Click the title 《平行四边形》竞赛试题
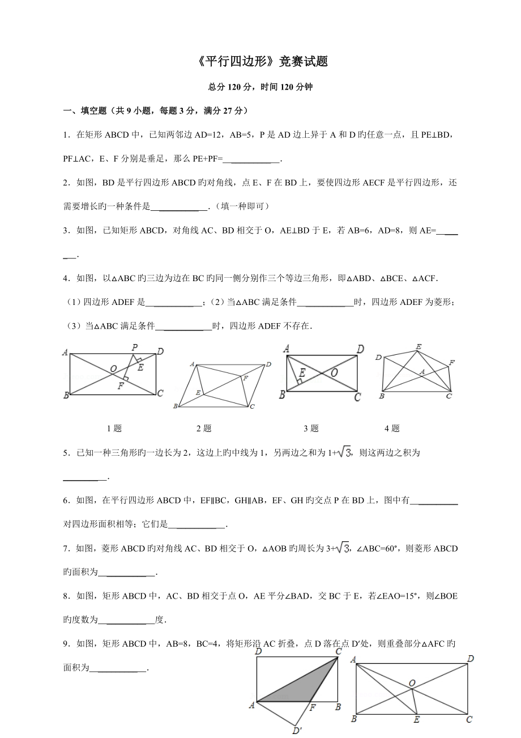coord(260,62)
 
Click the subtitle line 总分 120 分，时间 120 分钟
coord(260,87)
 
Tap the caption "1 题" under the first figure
coord(114,429)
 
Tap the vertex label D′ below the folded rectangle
coord(297,731)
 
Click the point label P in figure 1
coord(134,347)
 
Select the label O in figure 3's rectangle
coord(334,372)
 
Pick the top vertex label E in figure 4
coord(418,346)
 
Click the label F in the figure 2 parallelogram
coord(245,378)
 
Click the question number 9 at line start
coord(66,644)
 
